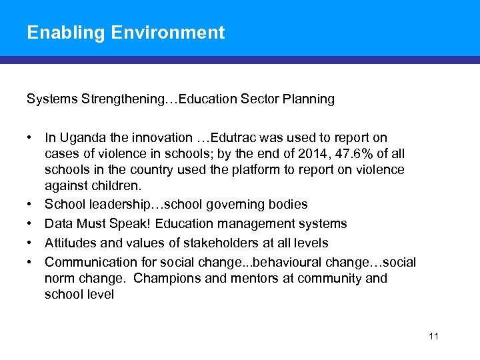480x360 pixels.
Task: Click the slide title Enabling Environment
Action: click(125, 32)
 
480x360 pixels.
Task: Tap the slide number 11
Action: click(433, 336)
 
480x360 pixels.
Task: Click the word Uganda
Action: click(81, 138)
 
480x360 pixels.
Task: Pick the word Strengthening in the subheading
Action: click(123, 99)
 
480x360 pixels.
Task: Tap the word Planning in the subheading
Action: click(309, 99)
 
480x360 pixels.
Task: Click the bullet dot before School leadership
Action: click(31, 204)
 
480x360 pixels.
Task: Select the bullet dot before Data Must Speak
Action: click(31, 223)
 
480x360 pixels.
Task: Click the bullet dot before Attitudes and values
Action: click(31, 243)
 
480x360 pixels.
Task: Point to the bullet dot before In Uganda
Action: click(31, 138)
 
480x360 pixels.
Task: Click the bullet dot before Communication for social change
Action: click(31, 262)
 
